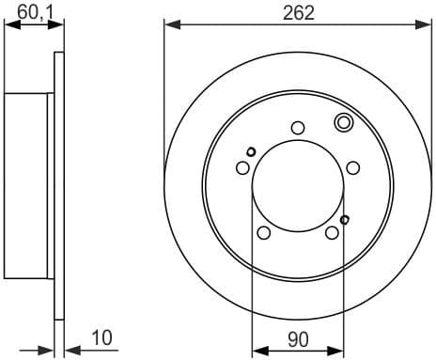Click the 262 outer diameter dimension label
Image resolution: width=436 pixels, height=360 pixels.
296,12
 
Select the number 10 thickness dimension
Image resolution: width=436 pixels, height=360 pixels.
103,336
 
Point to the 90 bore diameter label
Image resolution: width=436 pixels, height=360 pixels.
298,336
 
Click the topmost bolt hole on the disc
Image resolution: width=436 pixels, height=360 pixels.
298,128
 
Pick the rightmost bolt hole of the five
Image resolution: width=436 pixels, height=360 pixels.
353,167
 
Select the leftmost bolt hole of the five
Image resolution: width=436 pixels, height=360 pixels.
242,167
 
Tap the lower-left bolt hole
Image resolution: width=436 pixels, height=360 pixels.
264,233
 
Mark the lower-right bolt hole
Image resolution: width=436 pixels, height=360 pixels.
332,233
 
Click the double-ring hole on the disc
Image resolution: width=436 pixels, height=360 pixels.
344,121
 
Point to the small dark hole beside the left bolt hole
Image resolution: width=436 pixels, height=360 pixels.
251,151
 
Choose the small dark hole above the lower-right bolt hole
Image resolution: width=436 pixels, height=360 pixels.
345,220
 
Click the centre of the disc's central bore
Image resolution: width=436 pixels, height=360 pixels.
298,185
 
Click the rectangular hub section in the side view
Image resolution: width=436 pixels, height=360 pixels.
26,185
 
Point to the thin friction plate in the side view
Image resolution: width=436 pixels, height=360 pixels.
60,185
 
